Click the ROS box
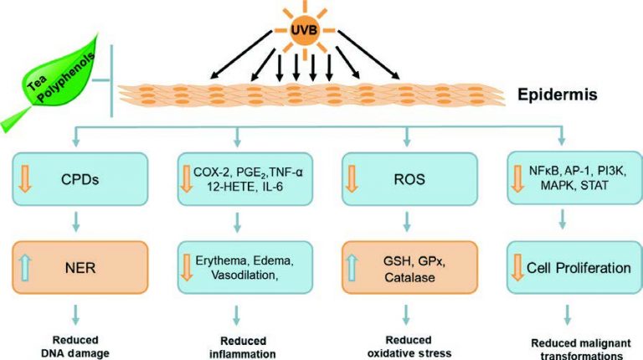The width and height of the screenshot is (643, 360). coord(406,178)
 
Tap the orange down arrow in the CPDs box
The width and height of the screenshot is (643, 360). coord(28,178)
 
